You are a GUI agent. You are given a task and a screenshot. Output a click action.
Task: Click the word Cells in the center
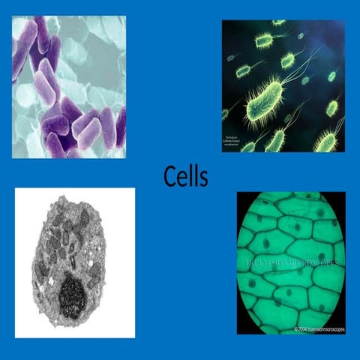185,177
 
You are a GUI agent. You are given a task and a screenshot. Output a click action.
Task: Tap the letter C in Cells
170,177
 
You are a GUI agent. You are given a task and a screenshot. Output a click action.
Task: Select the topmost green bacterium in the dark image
277,23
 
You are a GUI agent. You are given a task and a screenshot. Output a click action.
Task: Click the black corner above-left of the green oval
241,196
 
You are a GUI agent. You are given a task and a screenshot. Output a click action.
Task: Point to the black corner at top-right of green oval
340,196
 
